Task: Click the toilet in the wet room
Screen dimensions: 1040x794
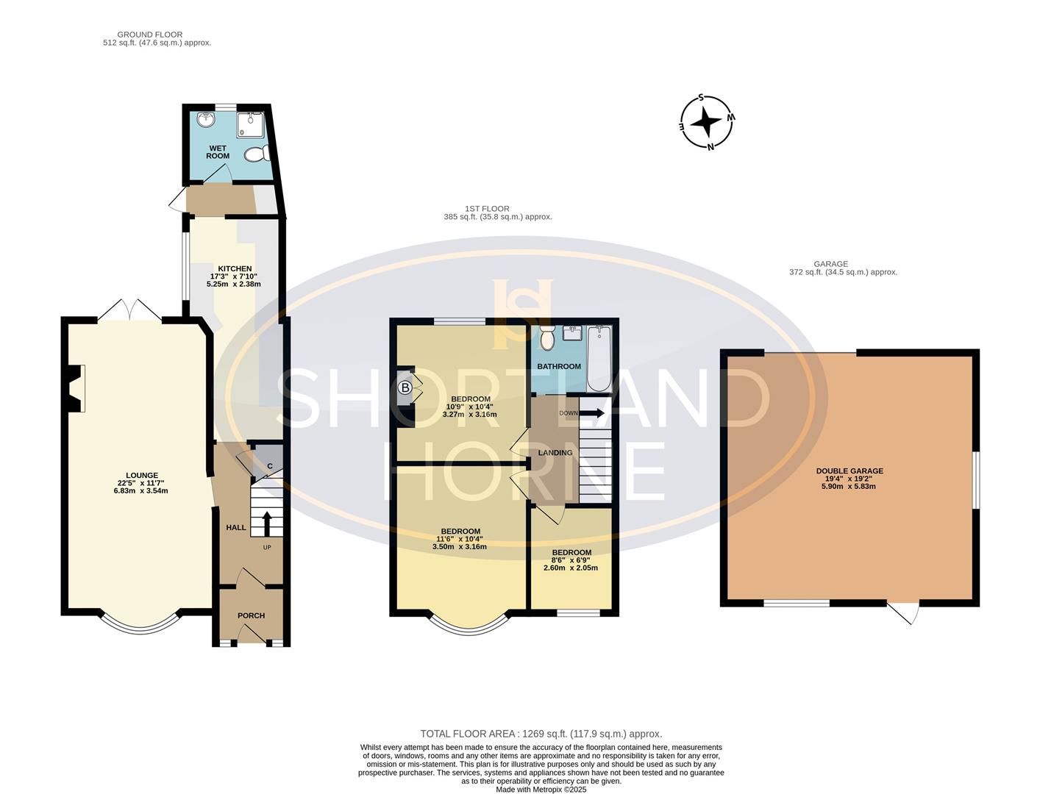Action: (257, 154)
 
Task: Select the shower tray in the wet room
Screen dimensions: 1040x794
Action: (250, 124)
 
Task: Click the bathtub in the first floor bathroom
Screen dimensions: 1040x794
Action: (599, 359)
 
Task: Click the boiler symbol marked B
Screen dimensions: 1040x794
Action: (405, 387)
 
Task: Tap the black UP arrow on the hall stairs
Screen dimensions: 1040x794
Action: (267, 523)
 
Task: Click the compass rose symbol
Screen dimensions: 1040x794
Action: (706, 123)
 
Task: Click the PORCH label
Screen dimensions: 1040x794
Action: (251, 615)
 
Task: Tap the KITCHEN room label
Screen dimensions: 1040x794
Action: (235, 268)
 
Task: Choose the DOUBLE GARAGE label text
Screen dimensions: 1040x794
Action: (850, 471)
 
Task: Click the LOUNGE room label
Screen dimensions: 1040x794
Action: (142, 476)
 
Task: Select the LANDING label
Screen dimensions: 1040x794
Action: (555, 453)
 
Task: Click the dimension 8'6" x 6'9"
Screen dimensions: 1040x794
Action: (571, 560)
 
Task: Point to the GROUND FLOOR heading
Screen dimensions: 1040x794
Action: (150, 35)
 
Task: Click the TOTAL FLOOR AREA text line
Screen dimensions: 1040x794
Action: (541, 734)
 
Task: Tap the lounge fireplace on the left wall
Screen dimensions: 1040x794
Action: (76, 388)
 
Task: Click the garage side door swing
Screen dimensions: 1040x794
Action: (904, 613)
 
